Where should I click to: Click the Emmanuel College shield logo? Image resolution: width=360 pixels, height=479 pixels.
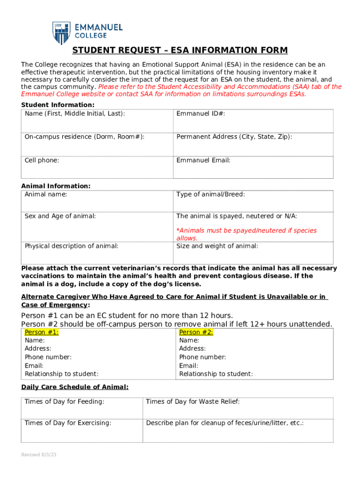[61, 33]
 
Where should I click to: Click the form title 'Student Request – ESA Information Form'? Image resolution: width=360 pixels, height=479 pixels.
[180, 51]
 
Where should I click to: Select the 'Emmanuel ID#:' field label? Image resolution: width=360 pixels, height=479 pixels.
[201, 114]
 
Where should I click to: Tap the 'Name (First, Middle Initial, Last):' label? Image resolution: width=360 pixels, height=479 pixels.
[75, 114]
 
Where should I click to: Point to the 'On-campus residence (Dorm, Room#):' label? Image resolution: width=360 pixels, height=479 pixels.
[84, 137]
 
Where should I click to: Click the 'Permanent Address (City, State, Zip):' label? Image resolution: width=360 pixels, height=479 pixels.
[234, 137]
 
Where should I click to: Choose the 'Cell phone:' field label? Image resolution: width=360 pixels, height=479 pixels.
[42, 160]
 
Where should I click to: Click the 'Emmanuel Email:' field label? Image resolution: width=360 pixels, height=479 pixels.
[203, 160]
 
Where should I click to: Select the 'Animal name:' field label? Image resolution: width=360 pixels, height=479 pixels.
[46, 194]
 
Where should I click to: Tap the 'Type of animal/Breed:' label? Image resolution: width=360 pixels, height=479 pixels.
[210, 194]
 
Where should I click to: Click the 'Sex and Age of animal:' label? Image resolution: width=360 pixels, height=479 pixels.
[60, 216]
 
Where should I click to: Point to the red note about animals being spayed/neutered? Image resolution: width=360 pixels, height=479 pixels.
[246, 234]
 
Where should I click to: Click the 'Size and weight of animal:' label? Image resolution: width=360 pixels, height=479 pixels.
[217, 246]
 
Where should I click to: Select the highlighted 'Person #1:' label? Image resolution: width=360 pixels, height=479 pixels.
[42, 332]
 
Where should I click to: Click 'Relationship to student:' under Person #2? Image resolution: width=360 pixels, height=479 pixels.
[216, 374]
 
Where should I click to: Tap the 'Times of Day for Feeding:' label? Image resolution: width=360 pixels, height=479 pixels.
[65, 401]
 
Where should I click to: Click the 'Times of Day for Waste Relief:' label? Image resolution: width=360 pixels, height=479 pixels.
[193, 401]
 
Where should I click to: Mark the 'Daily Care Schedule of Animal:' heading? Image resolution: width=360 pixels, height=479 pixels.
[75, 387]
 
